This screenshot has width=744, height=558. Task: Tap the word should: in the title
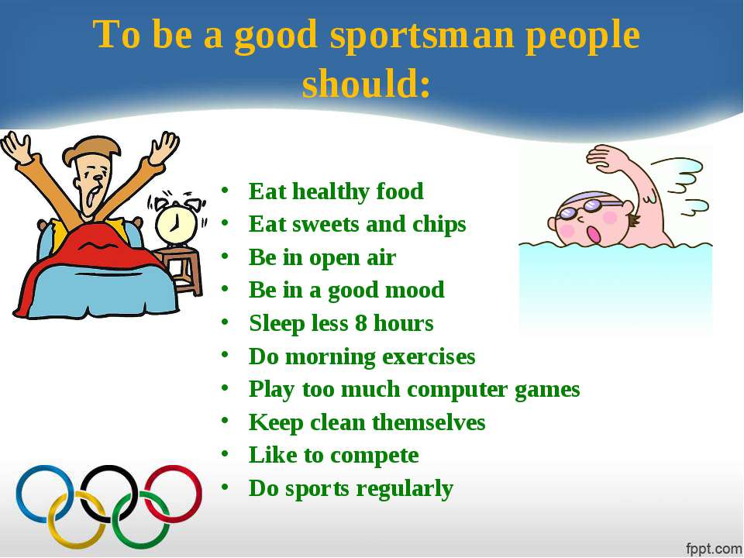click(x=367, y=83)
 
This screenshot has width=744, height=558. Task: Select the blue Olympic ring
click(x=45, y=494)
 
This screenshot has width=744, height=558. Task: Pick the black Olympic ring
click(x=108, y=494)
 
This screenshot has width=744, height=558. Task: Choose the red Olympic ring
click(x=173, y=494)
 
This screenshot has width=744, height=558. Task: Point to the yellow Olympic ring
click(x=77, y=519)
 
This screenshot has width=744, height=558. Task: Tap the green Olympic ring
click(x=141, y=519)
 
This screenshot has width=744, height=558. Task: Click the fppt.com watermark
click(x=714, y=549)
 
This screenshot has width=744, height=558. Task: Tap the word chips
click(x=439, y=225)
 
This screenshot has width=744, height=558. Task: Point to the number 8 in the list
click(x=360, y=323)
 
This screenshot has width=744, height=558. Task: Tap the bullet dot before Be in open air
click(x=225, y=257)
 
